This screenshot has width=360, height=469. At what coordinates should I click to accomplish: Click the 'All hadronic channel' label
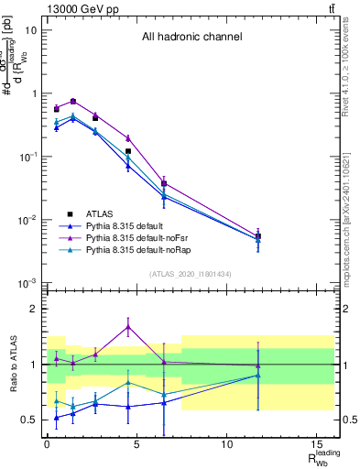coord(191,38)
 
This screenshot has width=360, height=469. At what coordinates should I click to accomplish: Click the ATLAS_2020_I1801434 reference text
coord(190,274)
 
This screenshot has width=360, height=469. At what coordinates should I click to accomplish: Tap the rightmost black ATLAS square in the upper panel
coord(258,236)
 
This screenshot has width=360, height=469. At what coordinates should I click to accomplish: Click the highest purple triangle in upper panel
coord(73,101)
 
